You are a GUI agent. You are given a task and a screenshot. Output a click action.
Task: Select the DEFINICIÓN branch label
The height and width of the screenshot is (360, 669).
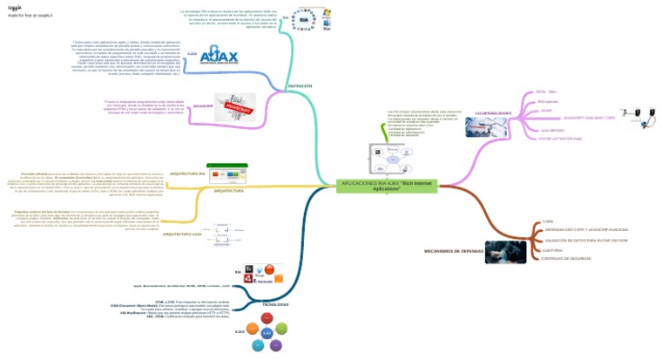pyautogui.click(x=300, y=86)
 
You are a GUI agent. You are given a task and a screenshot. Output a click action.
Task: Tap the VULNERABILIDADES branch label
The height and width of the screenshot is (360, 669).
pyautogui.click(x=493, y=113)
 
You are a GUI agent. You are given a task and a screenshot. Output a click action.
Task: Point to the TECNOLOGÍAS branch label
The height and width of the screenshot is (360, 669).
pyautogui.click(x=276, y=303)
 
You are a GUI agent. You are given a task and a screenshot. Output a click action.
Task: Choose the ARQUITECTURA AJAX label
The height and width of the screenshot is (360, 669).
pyautogui.click(x=182, y=234)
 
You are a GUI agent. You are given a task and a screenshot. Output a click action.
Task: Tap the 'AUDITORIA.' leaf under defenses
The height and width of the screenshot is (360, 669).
pyautogui.click(x=554, y=249)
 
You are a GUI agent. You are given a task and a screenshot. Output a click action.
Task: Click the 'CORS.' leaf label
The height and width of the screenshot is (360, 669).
pyautogui.click(x=548, y=221)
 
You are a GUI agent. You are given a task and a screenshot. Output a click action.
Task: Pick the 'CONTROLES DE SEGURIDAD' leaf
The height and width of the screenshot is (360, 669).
pyautogui.click(x=565, y=259)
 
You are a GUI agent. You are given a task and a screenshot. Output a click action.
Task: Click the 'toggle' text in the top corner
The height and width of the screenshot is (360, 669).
pyautogui.click(x=15, y=5)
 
